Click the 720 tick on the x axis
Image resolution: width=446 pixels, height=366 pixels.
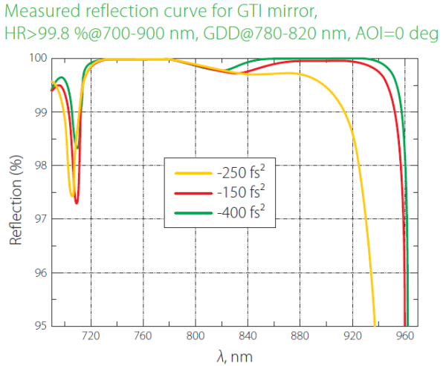pyautogui.click(x=91, y=336)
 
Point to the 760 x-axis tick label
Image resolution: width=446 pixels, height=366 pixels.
pyautogui.click(x=143, y=336)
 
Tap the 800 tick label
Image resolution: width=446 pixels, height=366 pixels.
pyautogui.click(x=195, y=336)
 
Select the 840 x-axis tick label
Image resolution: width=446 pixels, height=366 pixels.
pyautogui.click(x=248, y=336)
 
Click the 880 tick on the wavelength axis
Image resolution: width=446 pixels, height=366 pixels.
pyautogui.click(x=300, y=336)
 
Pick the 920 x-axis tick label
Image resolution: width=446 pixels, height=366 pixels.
pyautogui.click(x=353, y=336)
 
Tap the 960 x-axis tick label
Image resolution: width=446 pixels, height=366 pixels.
pyautogui.click(x=405, y=336)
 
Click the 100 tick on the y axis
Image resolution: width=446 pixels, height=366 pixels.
pyautogui.click(x=37, y=59)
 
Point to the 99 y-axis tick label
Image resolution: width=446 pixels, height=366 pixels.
pyautogui.click(x=40, y=112)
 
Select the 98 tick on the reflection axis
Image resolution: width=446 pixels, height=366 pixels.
pyautogui.click(x=40, y=166)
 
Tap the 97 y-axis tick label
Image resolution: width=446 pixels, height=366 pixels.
pyautogui.click(x=40, y=219)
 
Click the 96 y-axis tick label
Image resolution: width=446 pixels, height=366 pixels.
pyautogui.click(x=40, y=272)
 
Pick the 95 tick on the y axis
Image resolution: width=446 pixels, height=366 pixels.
pyautogui.click(x=40, y=326)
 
